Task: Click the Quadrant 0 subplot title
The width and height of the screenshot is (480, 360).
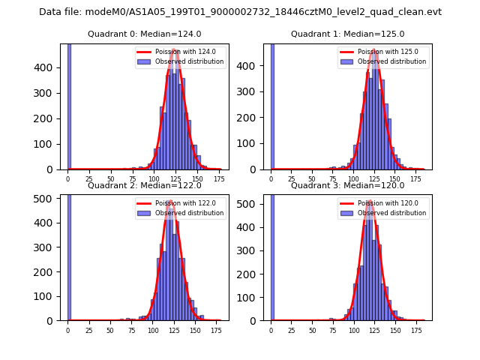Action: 144,34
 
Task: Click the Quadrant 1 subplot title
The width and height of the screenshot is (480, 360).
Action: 347,34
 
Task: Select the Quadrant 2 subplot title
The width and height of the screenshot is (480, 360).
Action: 144,185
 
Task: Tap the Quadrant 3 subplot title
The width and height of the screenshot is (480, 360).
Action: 347,185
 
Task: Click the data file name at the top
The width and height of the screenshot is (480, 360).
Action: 240,12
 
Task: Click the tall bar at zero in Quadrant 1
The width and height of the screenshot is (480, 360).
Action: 272,105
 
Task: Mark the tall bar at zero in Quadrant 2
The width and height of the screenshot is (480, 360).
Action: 69,255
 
